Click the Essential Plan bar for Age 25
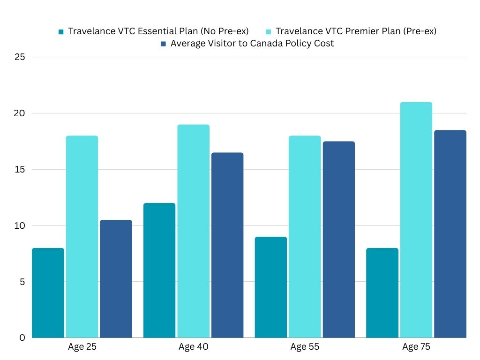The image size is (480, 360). (48, 293)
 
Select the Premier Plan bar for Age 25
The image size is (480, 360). (82, 237)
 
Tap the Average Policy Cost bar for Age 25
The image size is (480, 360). (116, 279)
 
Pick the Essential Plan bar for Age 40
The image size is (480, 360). (159, 270)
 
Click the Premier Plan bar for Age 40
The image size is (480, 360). (194, 231)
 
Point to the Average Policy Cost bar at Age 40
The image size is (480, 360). (227, 245)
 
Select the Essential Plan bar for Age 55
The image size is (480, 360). (271, 287)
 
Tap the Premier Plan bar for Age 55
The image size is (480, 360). (305, 237)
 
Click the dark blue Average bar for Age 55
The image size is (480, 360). (339, 240)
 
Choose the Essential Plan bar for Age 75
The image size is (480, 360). (382, 293)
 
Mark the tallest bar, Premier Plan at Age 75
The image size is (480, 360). (416, 220)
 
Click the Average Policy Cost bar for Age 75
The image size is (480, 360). (450, 234)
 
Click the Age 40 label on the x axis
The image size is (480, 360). (194, 347)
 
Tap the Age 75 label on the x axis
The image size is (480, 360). (416, 347)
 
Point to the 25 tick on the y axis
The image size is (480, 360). (19, 57)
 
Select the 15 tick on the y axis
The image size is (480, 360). (19, 170)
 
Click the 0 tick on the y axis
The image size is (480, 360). (22, 338)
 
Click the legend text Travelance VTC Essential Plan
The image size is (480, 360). (158, 31)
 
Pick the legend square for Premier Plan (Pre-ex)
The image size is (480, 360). (268, 32)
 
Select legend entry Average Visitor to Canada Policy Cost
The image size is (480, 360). (252, 44)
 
